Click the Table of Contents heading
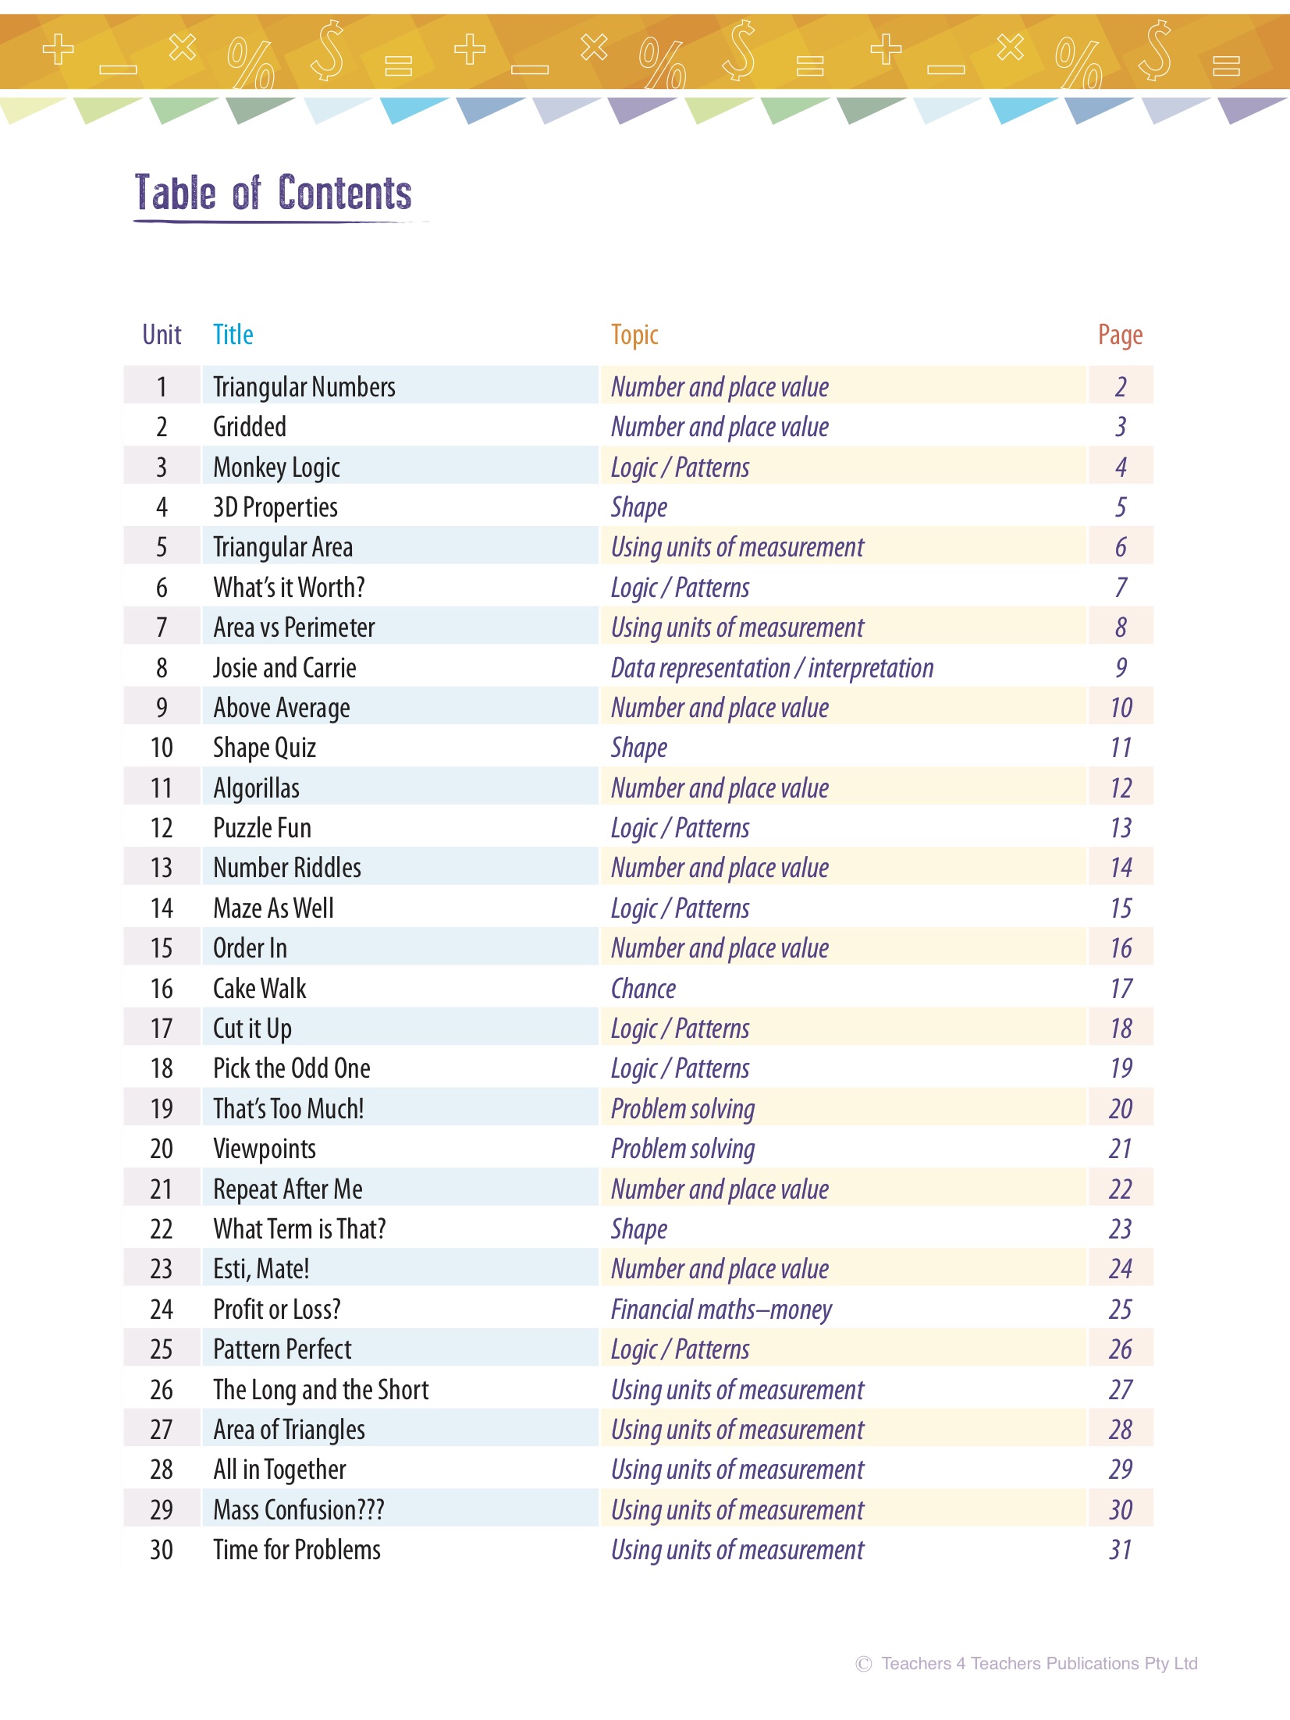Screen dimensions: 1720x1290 coord(273,193)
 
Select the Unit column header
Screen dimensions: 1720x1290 coord(162,335)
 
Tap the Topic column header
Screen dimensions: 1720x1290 coord(634,335)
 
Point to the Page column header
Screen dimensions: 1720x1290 coord(1120,335)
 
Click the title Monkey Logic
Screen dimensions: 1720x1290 coord(276,467)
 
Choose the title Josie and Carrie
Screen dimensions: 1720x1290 coord(284,668)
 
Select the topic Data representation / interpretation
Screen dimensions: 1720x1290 coord(772,668)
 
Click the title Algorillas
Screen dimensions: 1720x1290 coord(256,788)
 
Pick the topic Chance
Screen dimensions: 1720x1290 coord(643,989)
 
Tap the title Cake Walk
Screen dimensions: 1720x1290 coord(259,989)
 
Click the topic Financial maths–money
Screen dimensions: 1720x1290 coord(721,1310)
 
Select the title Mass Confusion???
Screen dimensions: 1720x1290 coord(298,1510)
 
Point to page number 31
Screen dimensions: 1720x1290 coord(1121,1550)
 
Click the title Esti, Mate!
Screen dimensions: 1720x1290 coord(261,1269)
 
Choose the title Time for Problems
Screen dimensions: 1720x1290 coord(297,1550)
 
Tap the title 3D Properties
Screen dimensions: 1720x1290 coord(275,507)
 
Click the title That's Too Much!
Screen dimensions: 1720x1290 coord(288,1109)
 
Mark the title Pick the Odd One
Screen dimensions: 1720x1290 coord(291,1068)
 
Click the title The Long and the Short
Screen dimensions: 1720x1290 coord(321,1390)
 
